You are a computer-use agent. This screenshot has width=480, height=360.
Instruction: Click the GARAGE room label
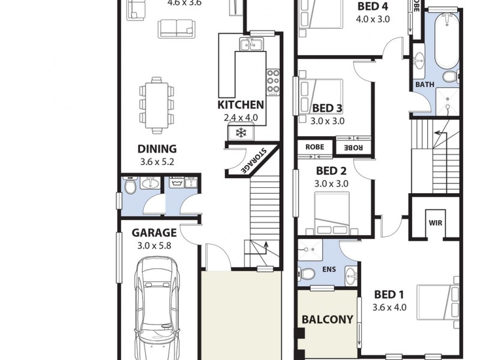(154, 233)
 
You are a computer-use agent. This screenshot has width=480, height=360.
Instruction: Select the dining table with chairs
(157, 105)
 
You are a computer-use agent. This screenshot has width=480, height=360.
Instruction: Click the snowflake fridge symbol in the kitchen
(241, 132)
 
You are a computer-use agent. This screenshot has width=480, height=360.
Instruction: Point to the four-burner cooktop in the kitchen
(274, 82)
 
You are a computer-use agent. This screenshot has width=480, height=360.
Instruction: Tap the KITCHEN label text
(240, 105)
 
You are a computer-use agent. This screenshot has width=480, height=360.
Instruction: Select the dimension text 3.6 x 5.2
(157, 161)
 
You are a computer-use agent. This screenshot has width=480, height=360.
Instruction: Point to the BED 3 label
(328, 108)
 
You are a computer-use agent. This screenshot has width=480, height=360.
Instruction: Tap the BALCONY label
(327, 319)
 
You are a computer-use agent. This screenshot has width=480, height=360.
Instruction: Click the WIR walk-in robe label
(435, 222)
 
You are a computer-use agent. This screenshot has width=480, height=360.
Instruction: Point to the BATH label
(425, 85)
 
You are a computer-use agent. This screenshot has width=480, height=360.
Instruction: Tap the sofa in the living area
(176, 28)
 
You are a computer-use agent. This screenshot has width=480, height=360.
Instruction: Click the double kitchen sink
(251, 44)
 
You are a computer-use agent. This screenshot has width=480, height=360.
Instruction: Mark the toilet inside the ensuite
(308, 274)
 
